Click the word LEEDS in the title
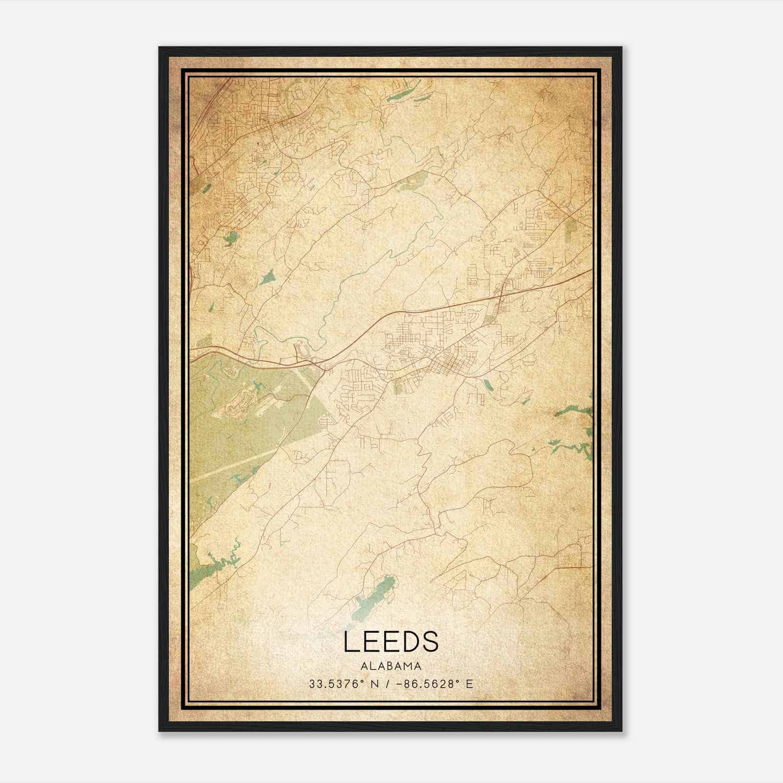(391, 642)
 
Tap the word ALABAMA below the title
(391, 666)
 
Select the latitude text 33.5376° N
(343, 684)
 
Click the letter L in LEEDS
(350, 642)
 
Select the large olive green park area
(230, 431)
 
